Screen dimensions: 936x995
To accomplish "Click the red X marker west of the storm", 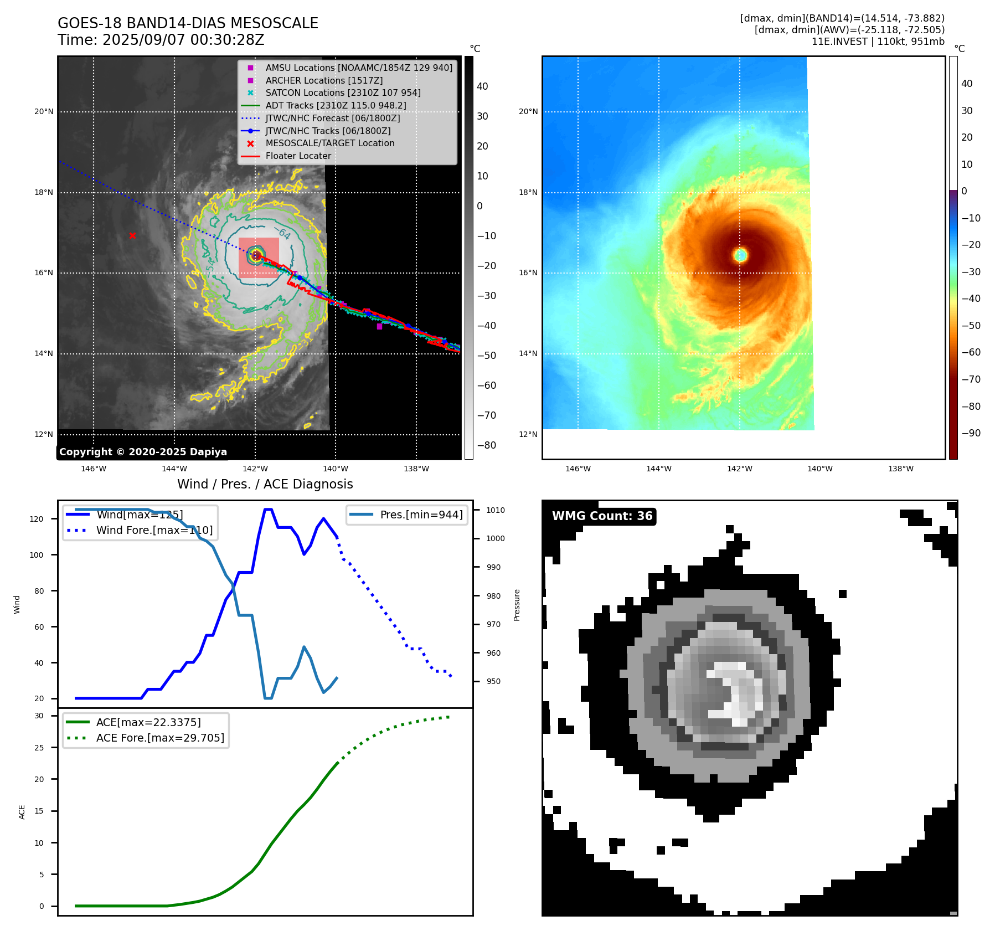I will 132,236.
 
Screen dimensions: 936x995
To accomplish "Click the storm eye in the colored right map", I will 740,255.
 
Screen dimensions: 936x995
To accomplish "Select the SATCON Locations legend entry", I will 343,93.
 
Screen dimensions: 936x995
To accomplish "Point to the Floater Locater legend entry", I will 298,156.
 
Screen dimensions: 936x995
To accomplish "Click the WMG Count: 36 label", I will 602,516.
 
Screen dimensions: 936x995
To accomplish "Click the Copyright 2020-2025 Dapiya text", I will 143,452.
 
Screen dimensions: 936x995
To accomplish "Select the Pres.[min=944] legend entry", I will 421,515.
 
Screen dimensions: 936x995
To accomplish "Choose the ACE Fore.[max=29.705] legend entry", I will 160,738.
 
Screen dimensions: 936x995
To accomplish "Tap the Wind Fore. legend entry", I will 154,530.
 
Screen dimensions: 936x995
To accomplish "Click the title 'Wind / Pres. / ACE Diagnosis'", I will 265,484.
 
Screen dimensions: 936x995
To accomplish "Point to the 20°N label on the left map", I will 44,112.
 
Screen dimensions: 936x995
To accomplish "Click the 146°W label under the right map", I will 578,469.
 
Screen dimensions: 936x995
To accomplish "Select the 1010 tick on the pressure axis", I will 496,510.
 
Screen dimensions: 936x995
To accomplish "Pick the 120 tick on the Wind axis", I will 37,519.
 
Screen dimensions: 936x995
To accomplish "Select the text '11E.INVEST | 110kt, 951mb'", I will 878,42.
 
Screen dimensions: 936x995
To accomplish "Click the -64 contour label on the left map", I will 283,233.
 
